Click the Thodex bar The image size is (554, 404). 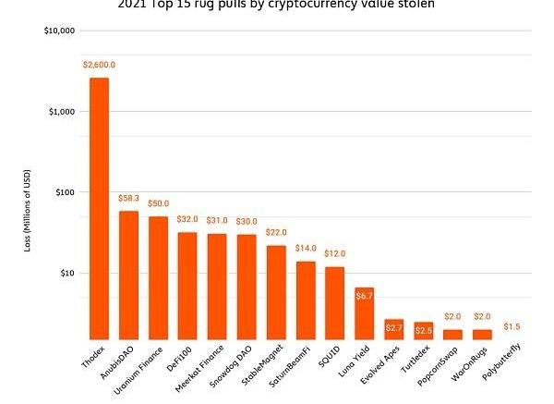[x=99, y=208]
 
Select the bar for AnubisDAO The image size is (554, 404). [x=128, y=275]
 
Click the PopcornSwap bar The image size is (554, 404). [x=452, y=334]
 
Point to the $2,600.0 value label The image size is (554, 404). [x=99, y=65]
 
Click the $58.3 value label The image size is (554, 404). [x=128, y=198]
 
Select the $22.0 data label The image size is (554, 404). [x=276, y=233]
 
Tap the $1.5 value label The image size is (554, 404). [x=512, y=327]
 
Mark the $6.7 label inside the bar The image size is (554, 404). [x=364, y=297]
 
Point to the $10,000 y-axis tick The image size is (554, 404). [x=59, y=31]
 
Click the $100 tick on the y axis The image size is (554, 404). [x=63, y=192]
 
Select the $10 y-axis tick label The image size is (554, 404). [x=65, y=274]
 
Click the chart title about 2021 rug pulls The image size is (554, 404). [x=277, y=5]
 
